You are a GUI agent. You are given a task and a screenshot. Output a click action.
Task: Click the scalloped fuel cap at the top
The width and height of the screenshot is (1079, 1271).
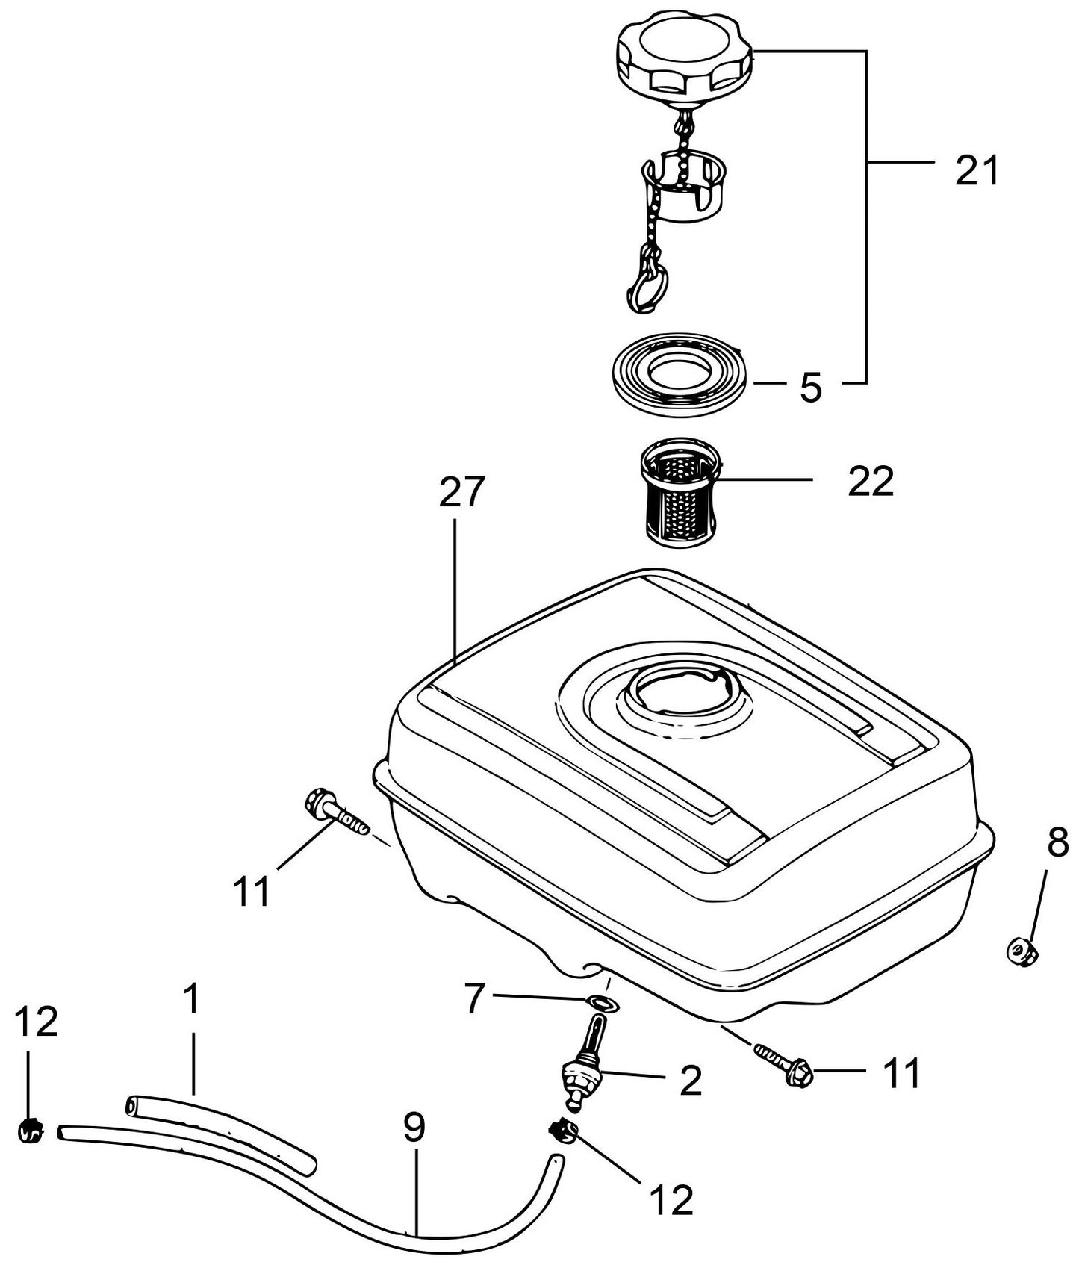(683, 52)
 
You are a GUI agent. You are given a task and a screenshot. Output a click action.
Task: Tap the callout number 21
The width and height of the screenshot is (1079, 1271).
(976, 171)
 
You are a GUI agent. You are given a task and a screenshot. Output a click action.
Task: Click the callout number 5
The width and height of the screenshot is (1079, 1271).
(811, 388)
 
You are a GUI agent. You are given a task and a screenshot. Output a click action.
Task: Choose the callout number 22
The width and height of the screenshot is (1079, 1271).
(870, 481)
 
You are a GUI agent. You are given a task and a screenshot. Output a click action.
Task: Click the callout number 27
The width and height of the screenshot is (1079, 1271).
(462, 493)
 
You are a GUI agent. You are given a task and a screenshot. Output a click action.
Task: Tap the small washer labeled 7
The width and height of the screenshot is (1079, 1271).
(600, 1001)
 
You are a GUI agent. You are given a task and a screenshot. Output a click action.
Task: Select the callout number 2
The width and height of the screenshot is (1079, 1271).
(691, 1081)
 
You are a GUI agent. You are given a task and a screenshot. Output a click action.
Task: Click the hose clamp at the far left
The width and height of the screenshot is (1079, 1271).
(30, 1132)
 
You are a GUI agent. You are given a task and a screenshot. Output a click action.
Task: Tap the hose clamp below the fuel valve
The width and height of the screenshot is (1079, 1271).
(563, 1132)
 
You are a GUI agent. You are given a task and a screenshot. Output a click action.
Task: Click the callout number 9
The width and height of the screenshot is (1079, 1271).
(414, 1128)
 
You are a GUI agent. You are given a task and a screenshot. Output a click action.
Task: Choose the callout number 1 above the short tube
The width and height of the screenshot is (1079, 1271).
(192, 998)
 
